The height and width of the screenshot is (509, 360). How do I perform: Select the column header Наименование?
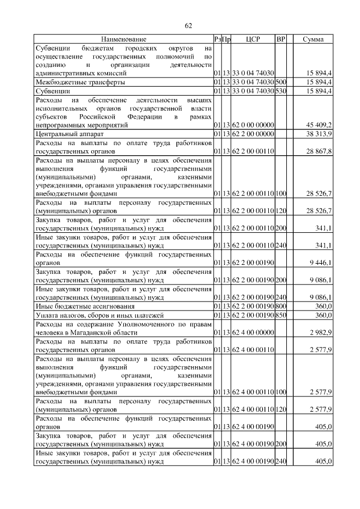(124, 39)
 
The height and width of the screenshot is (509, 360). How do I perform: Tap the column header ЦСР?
(252, 39)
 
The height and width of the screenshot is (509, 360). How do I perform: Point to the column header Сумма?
(313, 39)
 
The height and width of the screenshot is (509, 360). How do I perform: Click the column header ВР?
(281, 39)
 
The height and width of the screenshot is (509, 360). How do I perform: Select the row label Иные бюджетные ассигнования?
(85, 307)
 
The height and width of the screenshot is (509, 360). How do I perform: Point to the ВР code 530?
(281, 91)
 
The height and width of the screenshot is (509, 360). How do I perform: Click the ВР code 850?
(281, 316)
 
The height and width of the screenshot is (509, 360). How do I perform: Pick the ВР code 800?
(281, 307)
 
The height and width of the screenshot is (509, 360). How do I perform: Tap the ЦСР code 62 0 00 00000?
(252, 125)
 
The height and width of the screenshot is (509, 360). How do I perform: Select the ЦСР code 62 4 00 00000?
(252, 334)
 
